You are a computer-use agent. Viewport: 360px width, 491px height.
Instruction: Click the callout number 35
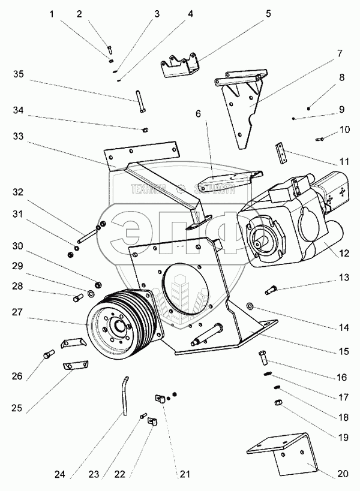point(19,74)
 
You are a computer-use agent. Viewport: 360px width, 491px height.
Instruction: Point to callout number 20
point(341,474)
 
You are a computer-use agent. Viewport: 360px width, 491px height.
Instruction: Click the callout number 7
point(340,53)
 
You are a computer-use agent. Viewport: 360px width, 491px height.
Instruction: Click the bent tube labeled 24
point(127,394)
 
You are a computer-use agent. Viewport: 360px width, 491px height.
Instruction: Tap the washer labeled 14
point(250,309)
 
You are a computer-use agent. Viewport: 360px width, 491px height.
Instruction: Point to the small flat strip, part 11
point(281,153)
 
